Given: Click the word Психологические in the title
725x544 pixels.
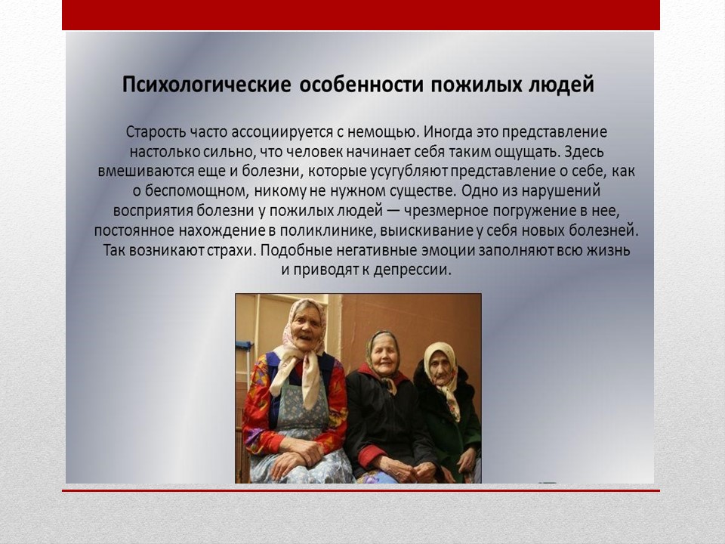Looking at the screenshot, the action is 207,86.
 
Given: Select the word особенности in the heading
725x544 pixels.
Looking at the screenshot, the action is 362,85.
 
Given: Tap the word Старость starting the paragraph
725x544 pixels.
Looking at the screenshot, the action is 155,132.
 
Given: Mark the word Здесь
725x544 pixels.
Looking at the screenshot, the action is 584,152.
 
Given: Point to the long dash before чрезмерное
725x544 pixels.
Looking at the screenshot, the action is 393,212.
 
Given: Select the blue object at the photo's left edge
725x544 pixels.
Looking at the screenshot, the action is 244,347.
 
